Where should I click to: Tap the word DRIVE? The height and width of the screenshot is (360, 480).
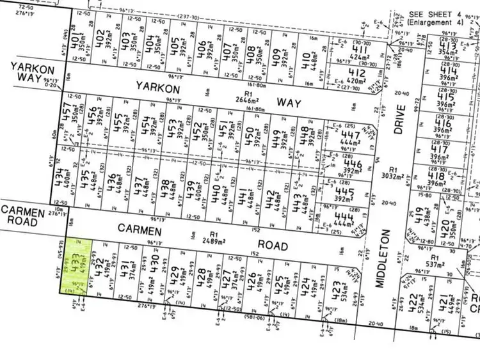[400, 119]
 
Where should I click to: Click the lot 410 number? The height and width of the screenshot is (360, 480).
[305, 61]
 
